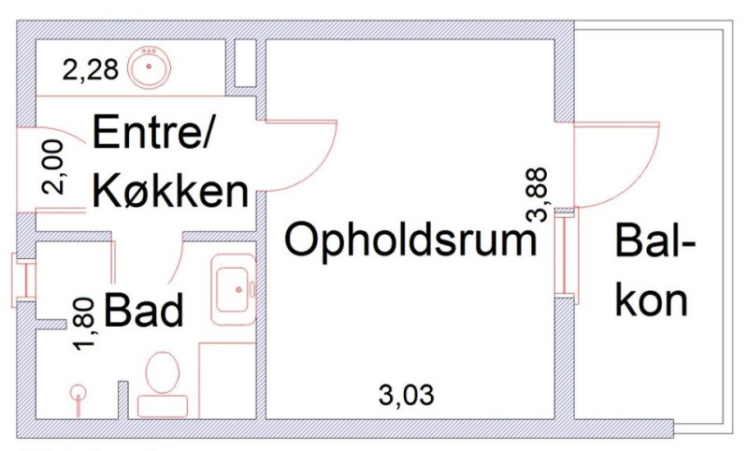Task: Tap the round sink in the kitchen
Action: coord(147,67)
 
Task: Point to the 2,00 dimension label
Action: coord(55,167)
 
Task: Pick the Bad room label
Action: coord(143,311)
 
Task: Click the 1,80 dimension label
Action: coord(85,324)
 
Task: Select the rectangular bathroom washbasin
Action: coord(233,288)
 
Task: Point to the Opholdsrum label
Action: coord(411,240)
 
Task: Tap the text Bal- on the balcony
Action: coord(654,245)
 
